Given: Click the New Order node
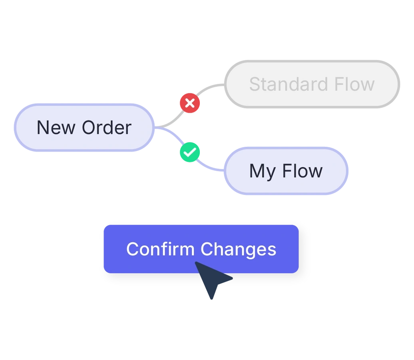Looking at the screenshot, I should [x=84, y=128].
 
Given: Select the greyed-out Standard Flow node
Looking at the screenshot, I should [x=312, y=84].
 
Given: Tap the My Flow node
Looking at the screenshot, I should [x=286, y=171].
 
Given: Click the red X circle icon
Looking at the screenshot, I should [x=190, y=103].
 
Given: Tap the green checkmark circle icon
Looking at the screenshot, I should [x=190, y=152].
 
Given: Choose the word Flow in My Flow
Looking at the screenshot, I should [x=303, y=171].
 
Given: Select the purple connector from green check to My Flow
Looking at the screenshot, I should [x=210, y=167].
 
